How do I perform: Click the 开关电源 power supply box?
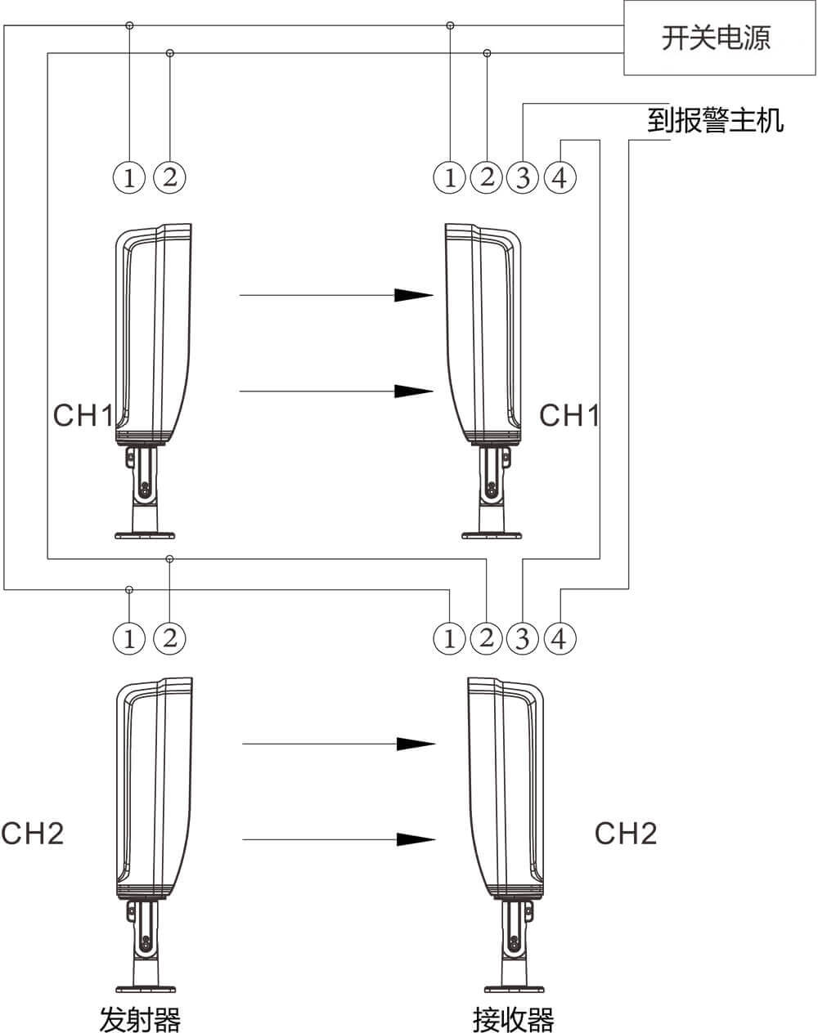pos(716,38)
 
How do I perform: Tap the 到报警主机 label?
pos(715,121)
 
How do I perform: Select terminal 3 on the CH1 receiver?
pos(523,177)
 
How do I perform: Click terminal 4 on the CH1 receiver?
pos(560,177)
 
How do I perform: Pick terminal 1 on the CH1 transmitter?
pos(129,177)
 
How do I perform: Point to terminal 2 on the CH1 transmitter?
pos(169,177)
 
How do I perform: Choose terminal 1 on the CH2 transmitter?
pos(129,638)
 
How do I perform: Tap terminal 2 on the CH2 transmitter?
pos(169,638)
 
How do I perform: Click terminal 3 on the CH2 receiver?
pos(523,638)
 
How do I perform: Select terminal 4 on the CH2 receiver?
pos(560,638)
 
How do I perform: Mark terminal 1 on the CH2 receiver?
pos(449,638)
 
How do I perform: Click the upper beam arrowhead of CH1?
pos(414,295)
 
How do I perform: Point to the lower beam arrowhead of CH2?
pos(416,839)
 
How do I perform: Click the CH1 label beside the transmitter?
pos(83,415)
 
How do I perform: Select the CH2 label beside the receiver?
pos(626,834)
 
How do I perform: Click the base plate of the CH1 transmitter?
pos(145,536)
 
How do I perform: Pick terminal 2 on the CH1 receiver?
pos(487,177)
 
